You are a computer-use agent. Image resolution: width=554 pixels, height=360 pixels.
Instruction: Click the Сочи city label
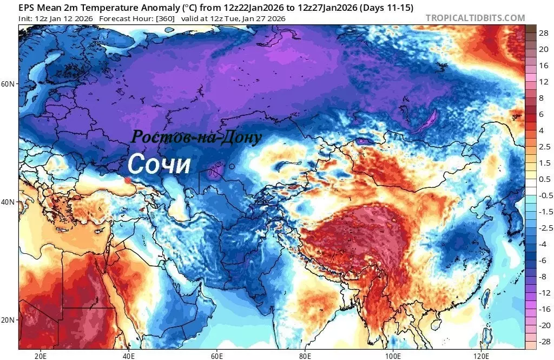pyautogui.click(x=159, y=165)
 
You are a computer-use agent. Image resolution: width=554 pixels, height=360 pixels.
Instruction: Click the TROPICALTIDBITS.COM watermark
pyautogui.click(x=475, y=18)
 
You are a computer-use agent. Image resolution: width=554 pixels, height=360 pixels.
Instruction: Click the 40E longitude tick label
pyautogui.click(x=129, y=356)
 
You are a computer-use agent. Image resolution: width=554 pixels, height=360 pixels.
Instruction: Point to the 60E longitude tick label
pyautogui.click(x=217, y=356)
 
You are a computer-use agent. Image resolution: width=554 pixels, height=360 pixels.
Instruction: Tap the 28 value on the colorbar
pyautogui.click(x=543, y=33)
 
